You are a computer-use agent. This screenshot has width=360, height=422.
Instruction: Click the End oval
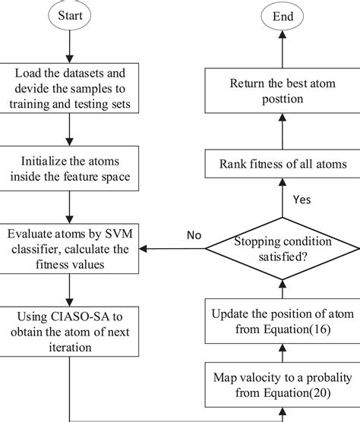[x=283, y=15]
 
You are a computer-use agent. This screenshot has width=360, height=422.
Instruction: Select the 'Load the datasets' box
[x=71, y=88]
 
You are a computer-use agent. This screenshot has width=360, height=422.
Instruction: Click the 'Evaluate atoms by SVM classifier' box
[x=71, y=247]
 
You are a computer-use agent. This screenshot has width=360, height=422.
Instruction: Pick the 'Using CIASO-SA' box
[x=71, y=331]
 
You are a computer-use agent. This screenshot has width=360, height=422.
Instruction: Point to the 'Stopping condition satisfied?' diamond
[x=283, y=247]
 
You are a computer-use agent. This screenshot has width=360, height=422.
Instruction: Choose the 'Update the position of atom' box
[x=283, y=320]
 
